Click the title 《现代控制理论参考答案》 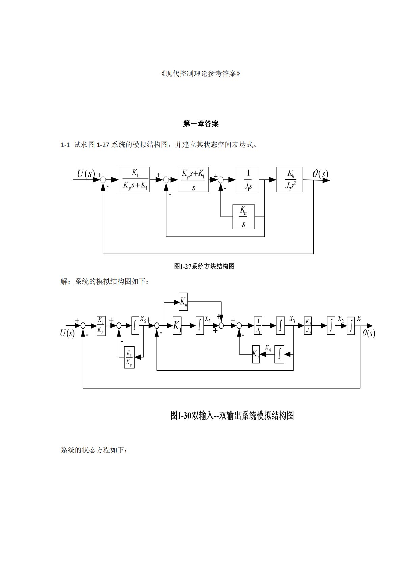point(201,74)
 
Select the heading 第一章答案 point(201,124)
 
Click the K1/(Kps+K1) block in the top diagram point(134,180)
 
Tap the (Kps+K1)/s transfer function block point(193,180)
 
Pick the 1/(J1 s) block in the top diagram point(248,180)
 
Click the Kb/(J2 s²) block point(290,180)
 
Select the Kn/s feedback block point(243,217)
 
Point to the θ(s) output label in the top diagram point(320,174)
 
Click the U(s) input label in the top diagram point(85,174)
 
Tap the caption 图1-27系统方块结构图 point(204,266)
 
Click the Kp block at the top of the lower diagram point(183,301)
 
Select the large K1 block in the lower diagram point(177,326)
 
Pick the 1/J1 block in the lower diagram point(258,326)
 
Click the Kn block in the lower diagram point(256,354)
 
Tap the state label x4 point(268,347)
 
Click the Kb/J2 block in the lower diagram point(308,326)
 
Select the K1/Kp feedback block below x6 point(129,357)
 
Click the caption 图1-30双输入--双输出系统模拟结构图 point(232,415)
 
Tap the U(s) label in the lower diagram point(67,333)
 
